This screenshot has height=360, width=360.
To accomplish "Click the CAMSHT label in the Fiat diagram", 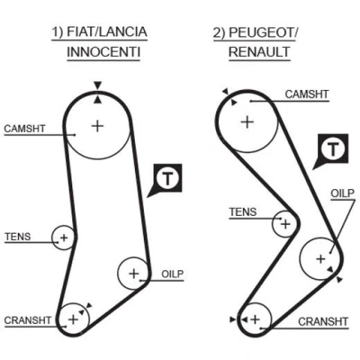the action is point(24,129).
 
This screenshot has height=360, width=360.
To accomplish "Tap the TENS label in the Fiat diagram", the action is point(18,237).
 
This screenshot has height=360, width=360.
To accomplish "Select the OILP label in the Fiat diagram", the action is point(172,274).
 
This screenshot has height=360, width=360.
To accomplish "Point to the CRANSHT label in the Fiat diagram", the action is point(28,320).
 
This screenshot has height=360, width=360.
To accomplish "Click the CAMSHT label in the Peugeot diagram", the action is point(307,94).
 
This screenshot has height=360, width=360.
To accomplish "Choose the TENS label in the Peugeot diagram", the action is point(243,212).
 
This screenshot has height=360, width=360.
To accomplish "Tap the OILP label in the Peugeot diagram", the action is point(342,193).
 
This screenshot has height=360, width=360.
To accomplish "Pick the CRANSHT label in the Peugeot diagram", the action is point(323,322).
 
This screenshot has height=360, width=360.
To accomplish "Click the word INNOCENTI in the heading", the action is point(103,52).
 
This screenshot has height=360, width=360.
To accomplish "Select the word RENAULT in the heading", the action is point(259,52).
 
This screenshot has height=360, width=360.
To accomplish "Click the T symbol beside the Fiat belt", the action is point(167,178).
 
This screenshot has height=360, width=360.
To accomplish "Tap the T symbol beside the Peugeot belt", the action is point(333,148).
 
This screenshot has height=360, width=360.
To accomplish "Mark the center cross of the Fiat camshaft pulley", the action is point(97,126).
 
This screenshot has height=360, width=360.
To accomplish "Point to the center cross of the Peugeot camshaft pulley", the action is point(247,122).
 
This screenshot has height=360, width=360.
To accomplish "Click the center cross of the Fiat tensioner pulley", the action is point(64,238).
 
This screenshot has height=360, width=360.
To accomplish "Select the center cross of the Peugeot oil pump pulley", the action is point(320,258).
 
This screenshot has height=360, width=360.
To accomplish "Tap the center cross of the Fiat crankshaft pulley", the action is point(73,319).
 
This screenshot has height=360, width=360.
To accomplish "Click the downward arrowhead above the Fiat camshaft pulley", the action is point(97,85).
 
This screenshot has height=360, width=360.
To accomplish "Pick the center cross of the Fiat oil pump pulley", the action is point(134,274).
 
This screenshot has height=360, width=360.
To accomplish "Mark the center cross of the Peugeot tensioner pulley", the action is point(285,224).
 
